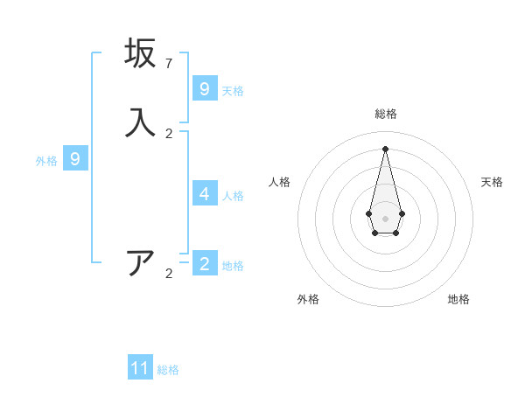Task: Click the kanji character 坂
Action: pyautogui.click(x=140, y=53)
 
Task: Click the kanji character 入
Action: pyautogui.click(x=140, y=123)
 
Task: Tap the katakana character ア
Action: pyautogui.click(x=140, y=263)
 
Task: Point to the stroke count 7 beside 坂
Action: pyautogui.click(x=169, y=64)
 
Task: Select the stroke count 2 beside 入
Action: pyautogui.click(x=169, y=134)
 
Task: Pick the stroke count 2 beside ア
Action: pyautogui.click(x=169, y=274)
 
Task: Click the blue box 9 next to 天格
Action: pyautogui.click(x=205, y=89)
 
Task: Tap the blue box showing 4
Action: pyautogui.click(x=205, y=193)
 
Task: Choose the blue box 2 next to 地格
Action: pyautogui.click(x=205, y=263)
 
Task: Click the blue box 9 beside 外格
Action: pyautogui.click(x=75, y=159)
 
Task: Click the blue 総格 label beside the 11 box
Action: pyautogui.click(x=168, y=370)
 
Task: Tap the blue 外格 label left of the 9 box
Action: pyautogui.click(x=46, y=161)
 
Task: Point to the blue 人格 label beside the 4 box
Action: pyautogui.click(x=233, y=196)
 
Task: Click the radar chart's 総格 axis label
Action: pyautogui.click(x=385, y=114)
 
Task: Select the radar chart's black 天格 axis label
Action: pyautogui.click(x=492, y=182)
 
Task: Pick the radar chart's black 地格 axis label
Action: pyautogui.click(x=458, y=299)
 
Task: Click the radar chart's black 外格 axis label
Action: pyautogui.click(x=308, y=299)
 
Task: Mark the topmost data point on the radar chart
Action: pyautogui.click(x=385, y=149)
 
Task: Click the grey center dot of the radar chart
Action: pyautogui.click(x=385, y=218)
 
